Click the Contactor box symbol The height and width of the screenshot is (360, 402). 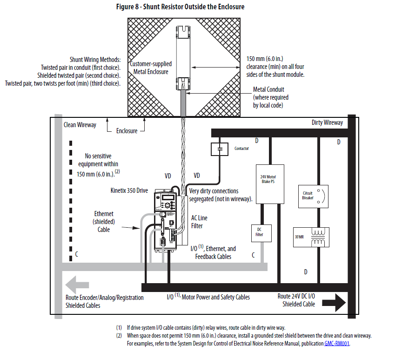click(220, 149)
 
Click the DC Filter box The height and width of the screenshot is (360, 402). click(260, 231)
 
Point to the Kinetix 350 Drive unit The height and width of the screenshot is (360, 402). click(167, 219)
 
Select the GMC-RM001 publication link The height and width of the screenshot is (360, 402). click(337, 344)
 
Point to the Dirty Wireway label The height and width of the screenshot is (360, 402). click(327, 122)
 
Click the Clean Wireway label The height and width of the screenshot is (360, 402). click(80, 125)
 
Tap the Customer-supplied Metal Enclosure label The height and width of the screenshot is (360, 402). click(150, 68)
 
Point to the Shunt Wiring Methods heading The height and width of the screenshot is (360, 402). click(95, 60)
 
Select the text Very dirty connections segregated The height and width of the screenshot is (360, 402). click(220, 195)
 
